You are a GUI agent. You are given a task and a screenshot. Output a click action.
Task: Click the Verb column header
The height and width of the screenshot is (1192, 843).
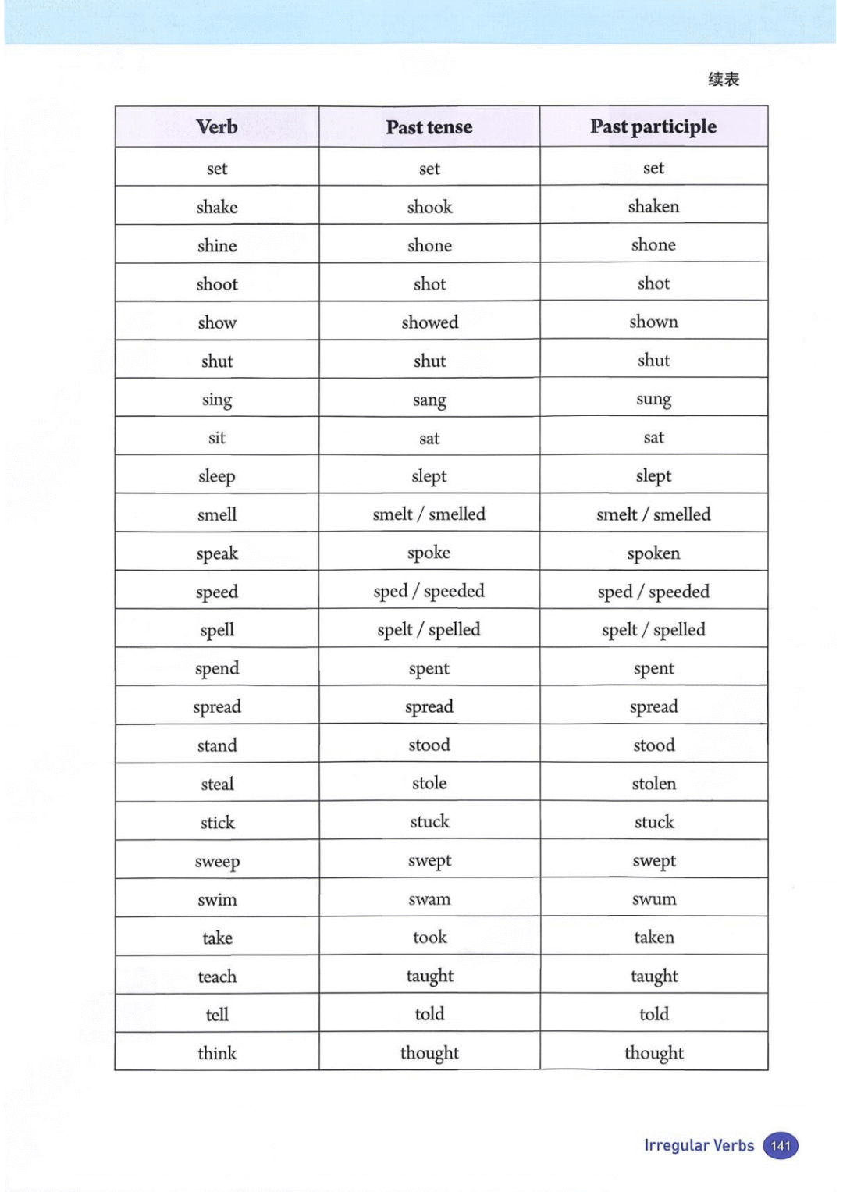pos(217,126)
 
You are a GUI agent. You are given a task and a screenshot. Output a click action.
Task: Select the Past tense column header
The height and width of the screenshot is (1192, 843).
pos(429,127)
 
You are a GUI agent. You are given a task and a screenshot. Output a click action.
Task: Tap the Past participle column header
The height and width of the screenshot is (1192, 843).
pos(653,126)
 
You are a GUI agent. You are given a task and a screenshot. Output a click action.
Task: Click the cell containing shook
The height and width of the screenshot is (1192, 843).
pos(429,207)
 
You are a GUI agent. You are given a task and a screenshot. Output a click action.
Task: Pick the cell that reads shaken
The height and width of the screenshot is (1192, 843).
pos(653,206)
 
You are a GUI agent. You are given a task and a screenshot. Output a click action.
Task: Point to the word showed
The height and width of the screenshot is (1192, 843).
pos(429,322)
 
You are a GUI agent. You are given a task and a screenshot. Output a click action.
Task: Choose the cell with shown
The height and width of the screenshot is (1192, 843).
pos(653,322)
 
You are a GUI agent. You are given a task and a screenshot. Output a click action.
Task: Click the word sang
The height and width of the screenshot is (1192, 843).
pos(429,400)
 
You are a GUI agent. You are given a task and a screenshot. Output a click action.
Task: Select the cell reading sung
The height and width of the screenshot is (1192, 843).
pos(653,400)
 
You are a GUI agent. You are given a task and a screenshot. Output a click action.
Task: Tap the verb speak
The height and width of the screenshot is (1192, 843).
pos(217,553)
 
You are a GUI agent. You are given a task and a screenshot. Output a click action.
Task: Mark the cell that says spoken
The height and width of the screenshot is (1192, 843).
pos(653,553)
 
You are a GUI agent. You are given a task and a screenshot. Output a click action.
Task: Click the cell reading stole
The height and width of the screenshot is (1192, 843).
pos(429,783)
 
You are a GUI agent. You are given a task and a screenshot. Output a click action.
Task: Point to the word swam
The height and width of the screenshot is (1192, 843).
pos(429,899)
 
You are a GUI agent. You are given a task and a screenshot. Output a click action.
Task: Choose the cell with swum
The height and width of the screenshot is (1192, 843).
pos(653,899)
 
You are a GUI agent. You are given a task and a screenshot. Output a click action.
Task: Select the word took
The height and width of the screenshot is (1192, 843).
pos(429,937)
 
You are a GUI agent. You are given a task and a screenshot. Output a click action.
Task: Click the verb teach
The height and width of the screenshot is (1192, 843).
pos(217,977)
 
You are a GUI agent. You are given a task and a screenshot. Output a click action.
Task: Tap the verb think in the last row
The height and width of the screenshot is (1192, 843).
pos(217,1053)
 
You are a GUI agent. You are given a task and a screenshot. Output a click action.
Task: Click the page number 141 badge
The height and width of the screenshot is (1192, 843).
pos(781,1146)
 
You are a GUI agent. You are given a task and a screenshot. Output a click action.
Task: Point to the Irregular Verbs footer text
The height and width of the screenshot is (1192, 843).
pos(699,1145)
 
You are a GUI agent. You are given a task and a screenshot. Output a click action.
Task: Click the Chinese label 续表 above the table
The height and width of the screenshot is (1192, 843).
pos(724,79)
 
